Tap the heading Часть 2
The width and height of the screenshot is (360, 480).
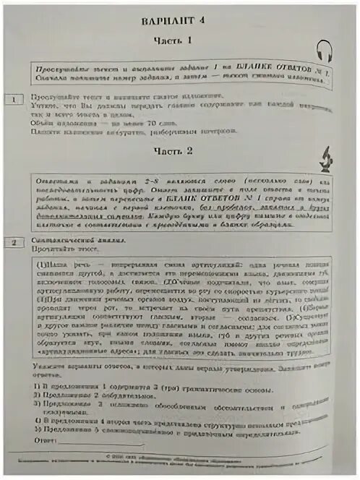tap(174, 151)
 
